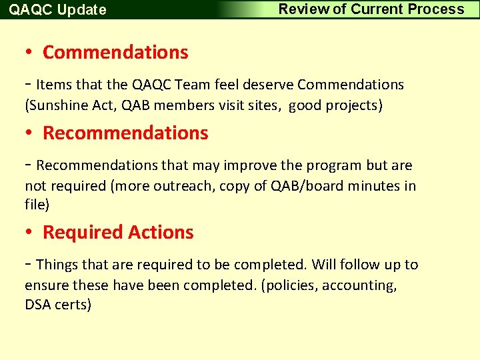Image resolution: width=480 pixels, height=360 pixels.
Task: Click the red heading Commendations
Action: pos(115,52)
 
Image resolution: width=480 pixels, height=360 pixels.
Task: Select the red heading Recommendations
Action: pos(125,133)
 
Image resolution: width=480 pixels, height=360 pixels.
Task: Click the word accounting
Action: pos(359,285)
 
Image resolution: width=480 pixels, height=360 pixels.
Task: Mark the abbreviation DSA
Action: pos(38,305)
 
